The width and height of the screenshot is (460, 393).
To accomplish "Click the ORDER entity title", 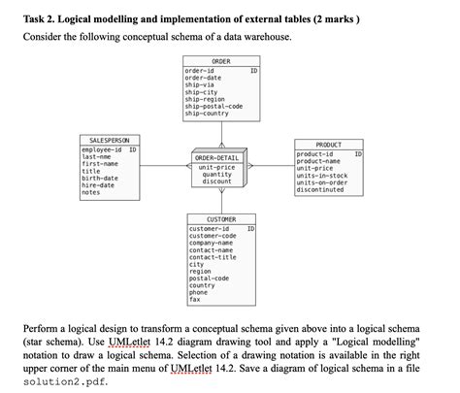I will [x=221, y=61].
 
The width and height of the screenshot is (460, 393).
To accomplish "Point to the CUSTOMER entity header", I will [x=221, y=219].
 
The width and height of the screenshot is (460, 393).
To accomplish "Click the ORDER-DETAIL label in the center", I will [x=216, y=157].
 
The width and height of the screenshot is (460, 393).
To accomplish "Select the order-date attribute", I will [x=204, y=78].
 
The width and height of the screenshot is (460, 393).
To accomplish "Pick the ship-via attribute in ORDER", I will [x=199, y=84].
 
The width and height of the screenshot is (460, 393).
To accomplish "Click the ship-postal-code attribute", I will [x=214, y=106].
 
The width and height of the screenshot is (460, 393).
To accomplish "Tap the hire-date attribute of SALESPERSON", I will [x=100, y=184].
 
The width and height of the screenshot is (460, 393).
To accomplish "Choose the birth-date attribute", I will [x=101, y=178].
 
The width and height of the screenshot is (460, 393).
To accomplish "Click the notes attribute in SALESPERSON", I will [x=92, y=192].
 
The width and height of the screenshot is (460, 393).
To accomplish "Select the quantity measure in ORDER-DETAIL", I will [x=217, y=174].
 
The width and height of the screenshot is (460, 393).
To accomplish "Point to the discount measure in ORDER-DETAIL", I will [x=217, y=181].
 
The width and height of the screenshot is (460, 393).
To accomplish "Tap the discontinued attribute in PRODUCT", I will [x=321, y=190].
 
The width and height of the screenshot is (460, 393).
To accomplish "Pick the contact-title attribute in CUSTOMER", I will [x=214, y=256].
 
